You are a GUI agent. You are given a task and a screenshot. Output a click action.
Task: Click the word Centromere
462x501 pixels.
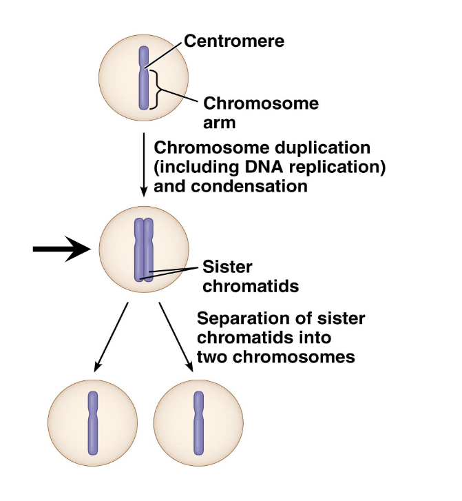[234, 41]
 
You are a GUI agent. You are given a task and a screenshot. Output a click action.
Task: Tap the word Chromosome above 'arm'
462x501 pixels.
[261, 104]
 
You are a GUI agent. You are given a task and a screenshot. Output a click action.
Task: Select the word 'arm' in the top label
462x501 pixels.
[220, 123]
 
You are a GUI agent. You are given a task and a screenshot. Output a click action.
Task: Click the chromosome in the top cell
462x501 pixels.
[143, 78]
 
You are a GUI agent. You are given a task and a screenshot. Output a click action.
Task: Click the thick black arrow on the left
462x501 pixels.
[61, 249]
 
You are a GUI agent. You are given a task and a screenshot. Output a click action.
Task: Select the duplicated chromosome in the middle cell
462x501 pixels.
[143, 249]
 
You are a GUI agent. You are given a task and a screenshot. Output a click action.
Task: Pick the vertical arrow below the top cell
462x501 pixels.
[143, 163]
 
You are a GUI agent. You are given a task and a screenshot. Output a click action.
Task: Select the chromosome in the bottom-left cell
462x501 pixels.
[93, 422]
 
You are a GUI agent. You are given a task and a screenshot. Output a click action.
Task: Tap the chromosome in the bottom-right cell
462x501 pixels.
[199, 422]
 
